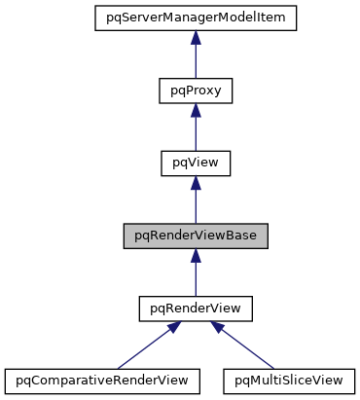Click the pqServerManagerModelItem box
pyautogui.click(x=195, y=17)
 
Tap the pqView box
pyautogui.click(x=195, y=163)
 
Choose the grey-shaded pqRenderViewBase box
pyautogui.click(x=195, y=236)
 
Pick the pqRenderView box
pyautogui.click(x=195, y=309)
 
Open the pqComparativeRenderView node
pyautogui.click(x=102, y=379)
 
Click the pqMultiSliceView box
pyautogui.click(x=289, y=379)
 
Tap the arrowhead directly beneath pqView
pyautogui.click(x=195, y=182)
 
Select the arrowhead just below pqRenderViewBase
pyautogui.click(x=195, y=255)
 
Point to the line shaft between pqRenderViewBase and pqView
pyautogui.click(x=195, y=206)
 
